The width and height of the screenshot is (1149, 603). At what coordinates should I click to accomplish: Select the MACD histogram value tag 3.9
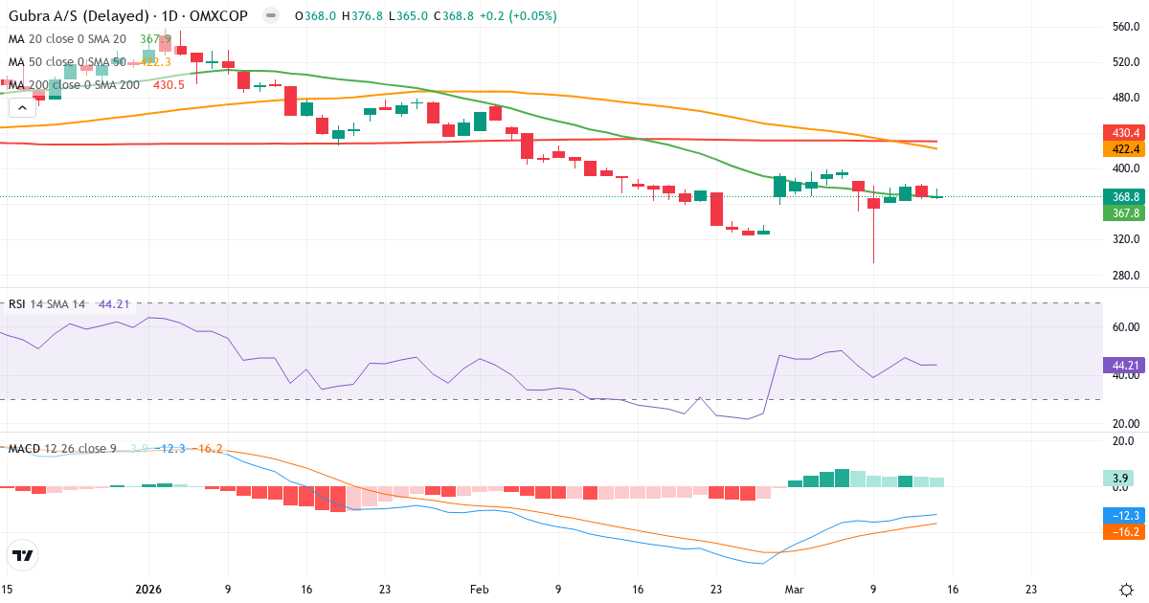1120,478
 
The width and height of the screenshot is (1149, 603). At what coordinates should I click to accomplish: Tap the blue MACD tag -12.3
1122,515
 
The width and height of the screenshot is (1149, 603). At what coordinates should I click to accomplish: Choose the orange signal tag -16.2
1122,531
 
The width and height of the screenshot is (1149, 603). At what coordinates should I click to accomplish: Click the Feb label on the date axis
479,590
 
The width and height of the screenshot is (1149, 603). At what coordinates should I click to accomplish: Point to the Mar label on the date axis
795,590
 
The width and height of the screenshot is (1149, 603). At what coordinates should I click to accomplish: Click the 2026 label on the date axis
149,590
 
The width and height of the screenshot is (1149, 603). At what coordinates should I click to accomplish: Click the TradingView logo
22,555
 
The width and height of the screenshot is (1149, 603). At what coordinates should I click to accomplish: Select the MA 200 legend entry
75,84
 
